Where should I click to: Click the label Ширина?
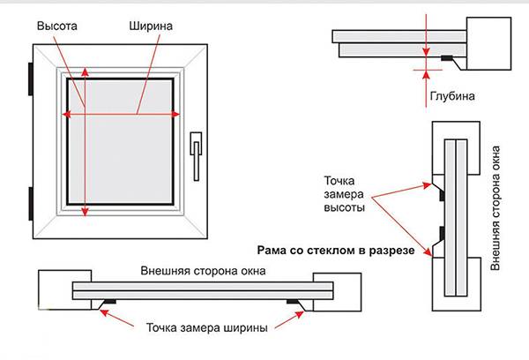click(153, 27)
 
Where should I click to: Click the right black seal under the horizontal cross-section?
click(294, 304)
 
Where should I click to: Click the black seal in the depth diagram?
click(448, 58)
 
